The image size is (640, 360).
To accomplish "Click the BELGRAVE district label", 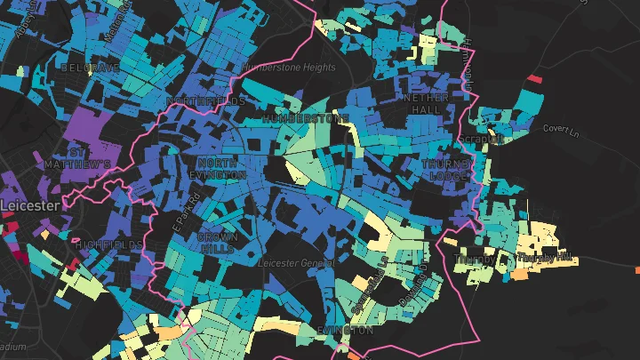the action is coord(89,68).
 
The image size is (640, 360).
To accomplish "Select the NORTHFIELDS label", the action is coord(205,101).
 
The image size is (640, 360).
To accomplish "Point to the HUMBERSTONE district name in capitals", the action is coord(306,118).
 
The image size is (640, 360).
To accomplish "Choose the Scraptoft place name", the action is coord(479,140).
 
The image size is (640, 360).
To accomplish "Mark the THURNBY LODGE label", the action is coord(444,170).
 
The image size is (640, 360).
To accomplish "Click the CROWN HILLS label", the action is coord(217,244).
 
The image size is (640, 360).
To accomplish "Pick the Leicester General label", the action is coord(296,264).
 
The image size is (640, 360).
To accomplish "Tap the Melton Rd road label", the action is coord(113,24).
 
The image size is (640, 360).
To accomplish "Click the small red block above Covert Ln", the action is coord(534,79).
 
